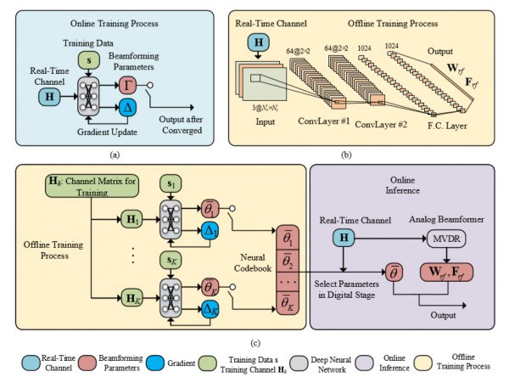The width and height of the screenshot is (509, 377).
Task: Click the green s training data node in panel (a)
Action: [x=85, y=59]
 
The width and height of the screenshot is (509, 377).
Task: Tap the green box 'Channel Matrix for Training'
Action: [x=76, y=184]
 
